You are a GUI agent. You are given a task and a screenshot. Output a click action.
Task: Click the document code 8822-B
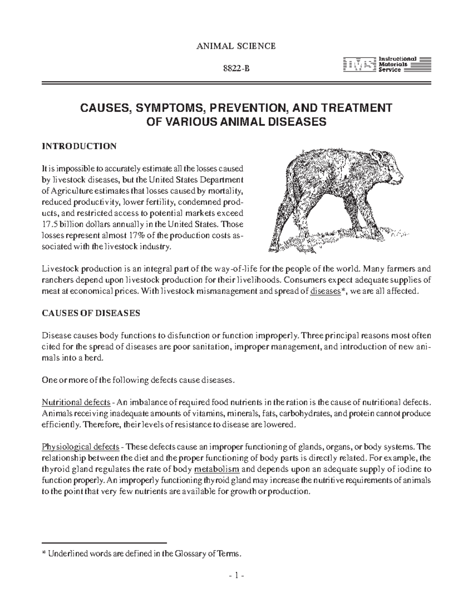(236, 70)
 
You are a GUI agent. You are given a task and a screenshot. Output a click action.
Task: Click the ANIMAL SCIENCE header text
(236, 46)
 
